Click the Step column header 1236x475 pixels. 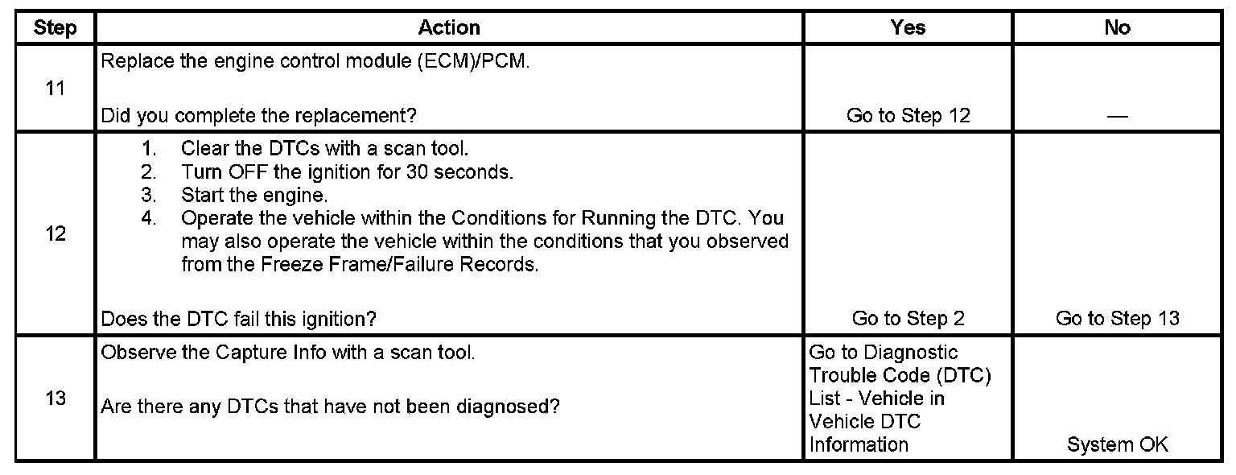click(56, 28)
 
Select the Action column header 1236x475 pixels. click(449, 28)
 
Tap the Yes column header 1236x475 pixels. click(908, 28)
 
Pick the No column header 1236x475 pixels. click(1117, 28)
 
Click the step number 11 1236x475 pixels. click(56, 89)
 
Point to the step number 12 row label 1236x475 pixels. click(56, 235)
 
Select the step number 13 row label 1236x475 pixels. click(56, 399)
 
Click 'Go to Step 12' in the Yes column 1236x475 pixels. click(908, 116)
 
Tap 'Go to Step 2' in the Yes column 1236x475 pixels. click(908, 319)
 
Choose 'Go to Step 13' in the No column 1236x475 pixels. click(1117, 319)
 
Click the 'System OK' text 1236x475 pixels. click(1117, 444)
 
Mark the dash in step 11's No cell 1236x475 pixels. click(1117, 118)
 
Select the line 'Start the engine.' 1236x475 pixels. click(254, 195)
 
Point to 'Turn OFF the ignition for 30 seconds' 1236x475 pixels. click(347, 172)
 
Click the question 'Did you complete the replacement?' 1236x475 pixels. click(258, 116)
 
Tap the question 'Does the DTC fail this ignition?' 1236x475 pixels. click(238, 319)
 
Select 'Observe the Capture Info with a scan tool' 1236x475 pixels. click(288, 353)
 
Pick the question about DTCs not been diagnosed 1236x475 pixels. click(330, 407)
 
